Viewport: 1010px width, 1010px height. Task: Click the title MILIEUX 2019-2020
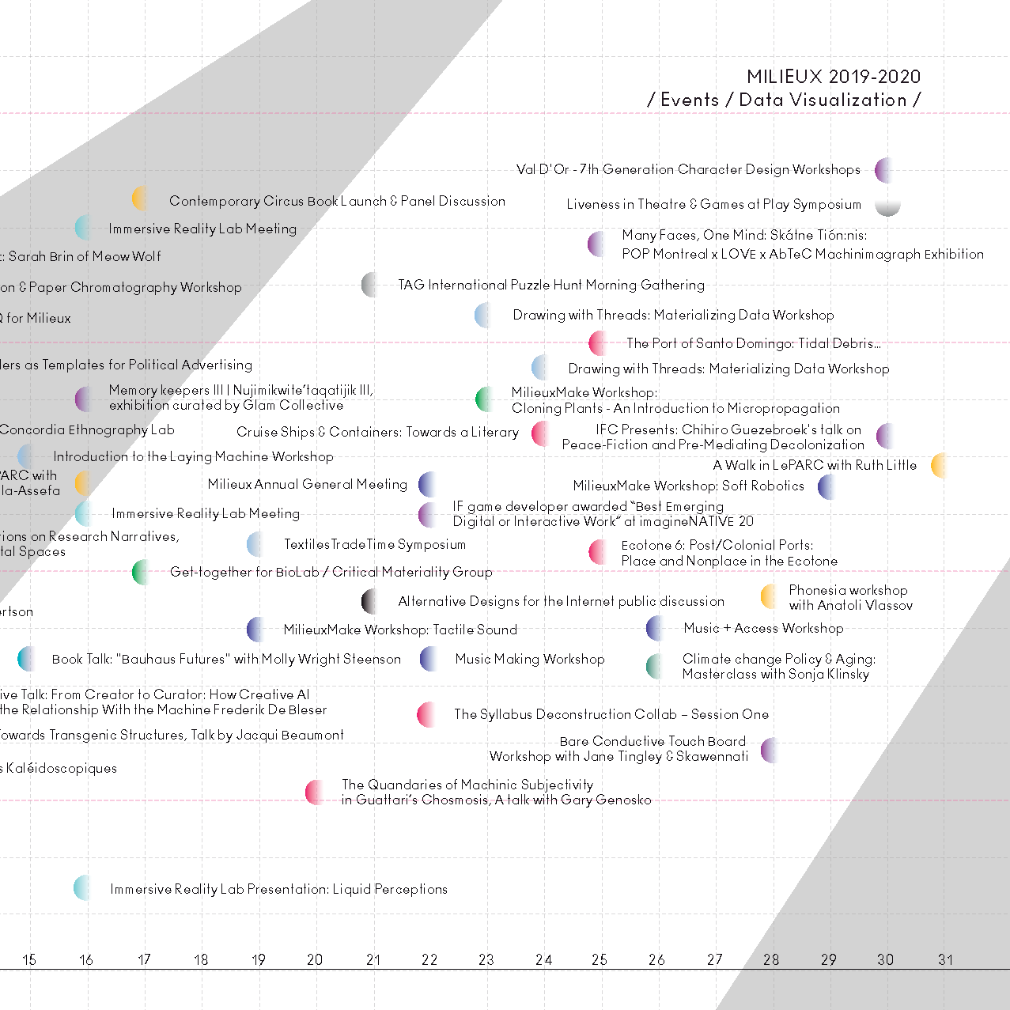coord(834,77)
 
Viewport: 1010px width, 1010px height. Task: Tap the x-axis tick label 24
coord(543,959)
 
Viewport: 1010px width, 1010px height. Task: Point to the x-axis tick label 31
coord(945,959)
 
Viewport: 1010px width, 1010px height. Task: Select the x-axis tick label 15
coord(29,959)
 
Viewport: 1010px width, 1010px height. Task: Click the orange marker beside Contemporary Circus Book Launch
coord(140,198)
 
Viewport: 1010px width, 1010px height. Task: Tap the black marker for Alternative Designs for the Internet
coord(370,601)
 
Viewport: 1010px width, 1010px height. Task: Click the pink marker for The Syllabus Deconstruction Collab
coord(428,714)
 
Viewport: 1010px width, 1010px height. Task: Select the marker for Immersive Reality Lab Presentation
coord(83,888)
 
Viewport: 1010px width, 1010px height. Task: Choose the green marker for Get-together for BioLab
coord(142,572)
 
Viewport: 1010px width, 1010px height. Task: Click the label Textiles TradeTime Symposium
coord(375,544)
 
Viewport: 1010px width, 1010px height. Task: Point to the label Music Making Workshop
coord(530,659)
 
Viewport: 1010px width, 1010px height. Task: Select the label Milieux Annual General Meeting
coord(308,484)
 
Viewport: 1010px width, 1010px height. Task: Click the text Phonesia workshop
coord(848,590)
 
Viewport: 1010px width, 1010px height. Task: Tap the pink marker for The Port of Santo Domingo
coord(599,343)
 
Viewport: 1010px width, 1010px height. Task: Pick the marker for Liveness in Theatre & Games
coord(887,206)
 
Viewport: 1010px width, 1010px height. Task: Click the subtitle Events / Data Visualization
coord(784,100)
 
